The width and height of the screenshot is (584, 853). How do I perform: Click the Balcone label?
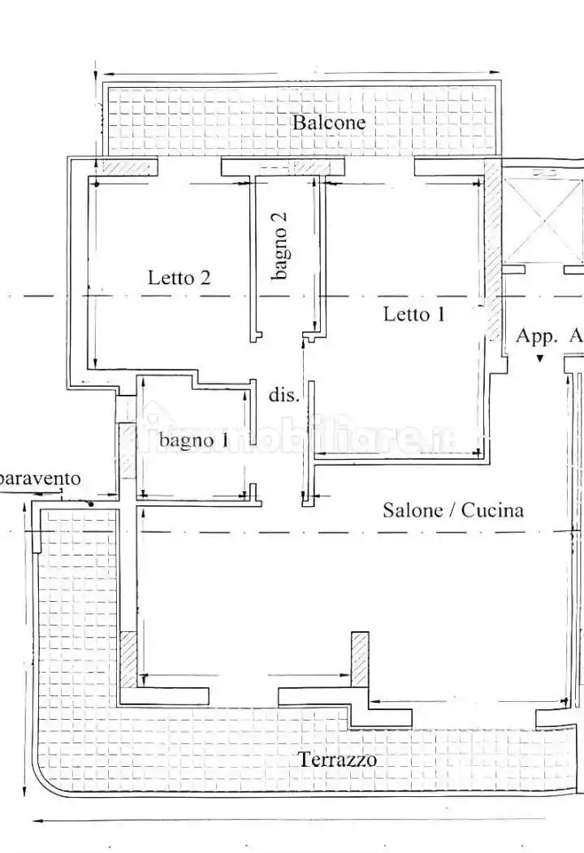(329, 123)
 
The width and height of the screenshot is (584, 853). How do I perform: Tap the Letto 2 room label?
(179, 278)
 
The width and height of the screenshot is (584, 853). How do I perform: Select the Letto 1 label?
(414, 314)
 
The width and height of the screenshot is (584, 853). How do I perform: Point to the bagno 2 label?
(279, 246)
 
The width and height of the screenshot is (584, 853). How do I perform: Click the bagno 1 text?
(193, 439)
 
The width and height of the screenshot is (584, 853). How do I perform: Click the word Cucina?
(493, 510)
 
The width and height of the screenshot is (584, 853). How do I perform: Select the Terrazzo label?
(338, 760)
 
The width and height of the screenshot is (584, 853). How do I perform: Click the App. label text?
(537, 336)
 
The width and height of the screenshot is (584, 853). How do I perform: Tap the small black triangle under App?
(539, 358)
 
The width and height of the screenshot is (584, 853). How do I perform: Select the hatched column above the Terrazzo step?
(360, 659)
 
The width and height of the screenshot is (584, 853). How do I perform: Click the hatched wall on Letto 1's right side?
(493, 249)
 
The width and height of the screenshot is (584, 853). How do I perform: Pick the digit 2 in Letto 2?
(205, 278)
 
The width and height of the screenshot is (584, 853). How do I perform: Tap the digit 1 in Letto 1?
(440, 314)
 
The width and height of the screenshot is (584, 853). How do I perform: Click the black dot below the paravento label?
(91, 504)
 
